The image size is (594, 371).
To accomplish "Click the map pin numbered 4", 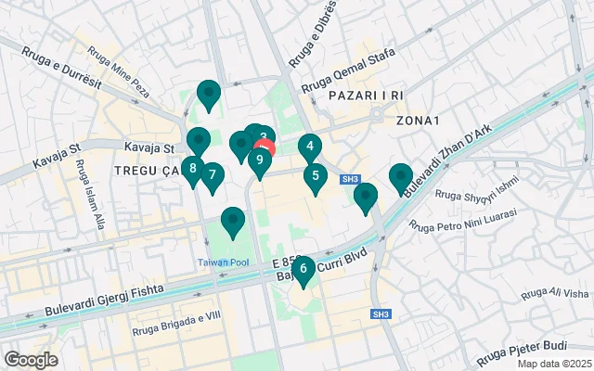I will (310, 147).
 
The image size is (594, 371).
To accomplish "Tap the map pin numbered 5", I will (316, 176).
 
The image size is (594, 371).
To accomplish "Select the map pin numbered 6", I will (303, 269).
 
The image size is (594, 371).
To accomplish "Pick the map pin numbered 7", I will (213, 175).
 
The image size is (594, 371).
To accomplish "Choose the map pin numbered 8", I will (192, 169).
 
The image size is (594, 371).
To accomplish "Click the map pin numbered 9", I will (259, 160).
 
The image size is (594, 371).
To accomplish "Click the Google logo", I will (31, 360).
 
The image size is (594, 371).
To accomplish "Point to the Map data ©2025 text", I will (553, 364).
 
